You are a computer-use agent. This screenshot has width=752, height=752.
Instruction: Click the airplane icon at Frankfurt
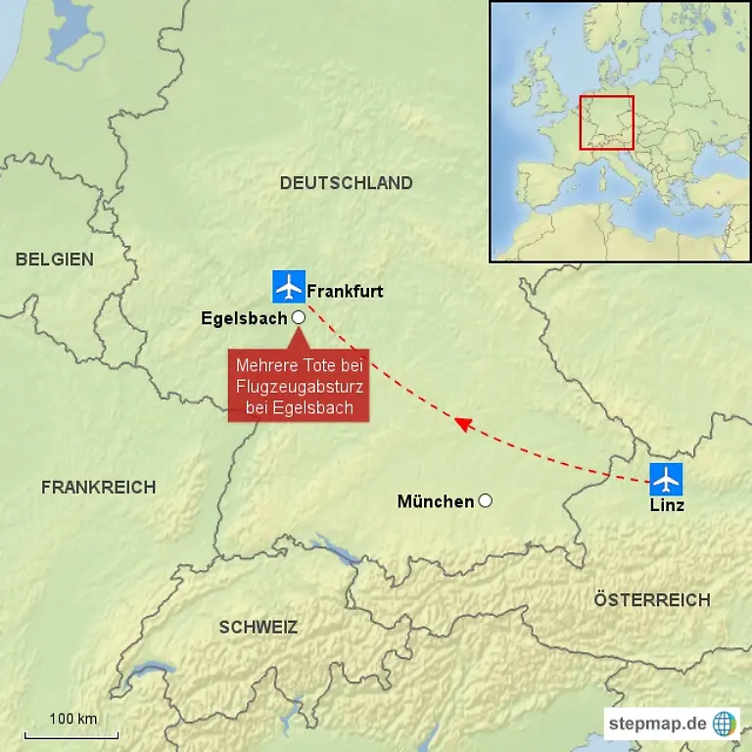pos(289,287)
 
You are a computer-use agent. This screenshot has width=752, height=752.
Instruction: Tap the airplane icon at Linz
pos(667,479)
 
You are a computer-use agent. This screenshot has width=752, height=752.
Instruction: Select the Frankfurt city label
pos(345,291)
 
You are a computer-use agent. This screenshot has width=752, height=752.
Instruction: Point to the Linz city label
pos(667,505)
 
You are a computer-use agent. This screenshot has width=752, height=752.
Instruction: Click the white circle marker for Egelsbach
pos(299,317)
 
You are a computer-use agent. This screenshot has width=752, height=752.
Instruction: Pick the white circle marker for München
pos(485,500)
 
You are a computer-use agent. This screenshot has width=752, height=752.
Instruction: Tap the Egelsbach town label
pos(244,318)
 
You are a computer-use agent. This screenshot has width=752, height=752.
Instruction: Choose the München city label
pos(435,501)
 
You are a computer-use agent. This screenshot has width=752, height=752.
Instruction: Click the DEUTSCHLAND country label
pos(346,183)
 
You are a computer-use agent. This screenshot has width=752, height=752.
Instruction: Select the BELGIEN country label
pos(55,259)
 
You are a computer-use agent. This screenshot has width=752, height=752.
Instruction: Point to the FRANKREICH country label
pos(98,487)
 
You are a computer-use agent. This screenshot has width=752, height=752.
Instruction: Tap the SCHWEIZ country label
pos(258,628)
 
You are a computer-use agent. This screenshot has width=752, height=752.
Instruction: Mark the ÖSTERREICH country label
pos(652,600)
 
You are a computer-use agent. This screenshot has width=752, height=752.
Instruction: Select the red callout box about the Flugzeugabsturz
pos(299,386)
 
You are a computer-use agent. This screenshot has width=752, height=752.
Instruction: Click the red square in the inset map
pos(606,122)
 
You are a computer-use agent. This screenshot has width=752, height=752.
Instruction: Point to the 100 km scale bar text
pos(73,719)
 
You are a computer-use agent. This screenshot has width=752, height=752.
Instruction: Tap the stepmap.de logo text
pos(656,724)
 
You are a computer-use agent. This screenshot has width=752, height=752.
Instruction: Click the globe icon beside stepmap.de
pos(725,724)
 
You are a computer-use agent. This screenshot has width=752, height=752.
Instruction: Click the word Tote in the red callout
pos(319,365)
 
